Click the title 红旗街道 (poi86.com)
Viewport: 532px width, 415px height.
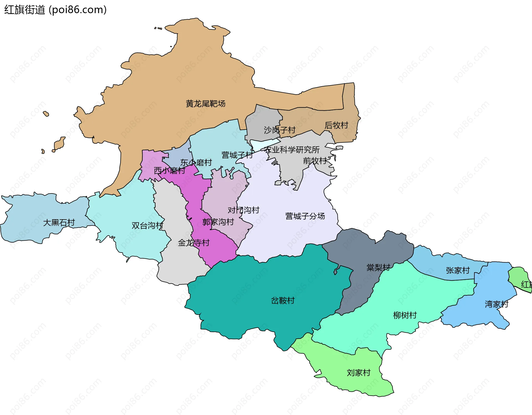coord(55,10)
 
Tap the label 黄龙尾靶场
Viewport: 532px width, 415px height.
coord(205,104)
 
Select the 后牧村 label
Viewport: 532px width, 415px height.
coord(336,125)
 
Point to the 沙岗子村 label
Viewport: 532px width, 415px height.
coord(279,130)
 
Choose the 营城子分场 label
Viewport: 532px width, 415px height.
coord(305,216)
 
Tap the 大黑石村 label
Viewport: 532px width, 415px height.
coord(59,222)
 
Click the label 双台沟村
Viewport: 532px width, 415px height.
coord(147,225)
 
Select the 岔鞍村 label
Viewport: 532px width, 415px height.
coord(283,301)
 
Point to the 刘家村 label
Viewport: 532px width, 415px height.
coord(359,373)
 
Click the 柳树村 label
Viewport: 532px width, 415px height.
coord(405,315)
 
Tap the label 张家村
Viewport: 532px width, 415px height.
coord(458,270)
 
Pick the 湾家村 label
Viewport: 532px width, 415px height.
coord(497,304)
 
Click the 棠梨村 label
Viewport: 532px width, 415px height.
coord(378,268)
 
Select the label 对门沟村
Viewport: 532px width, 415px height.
coord(243,210)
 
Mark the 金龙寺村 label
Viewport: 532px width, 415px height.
coord(193,243)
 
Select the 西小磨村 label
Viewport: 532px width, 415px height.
coord(169,170)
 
